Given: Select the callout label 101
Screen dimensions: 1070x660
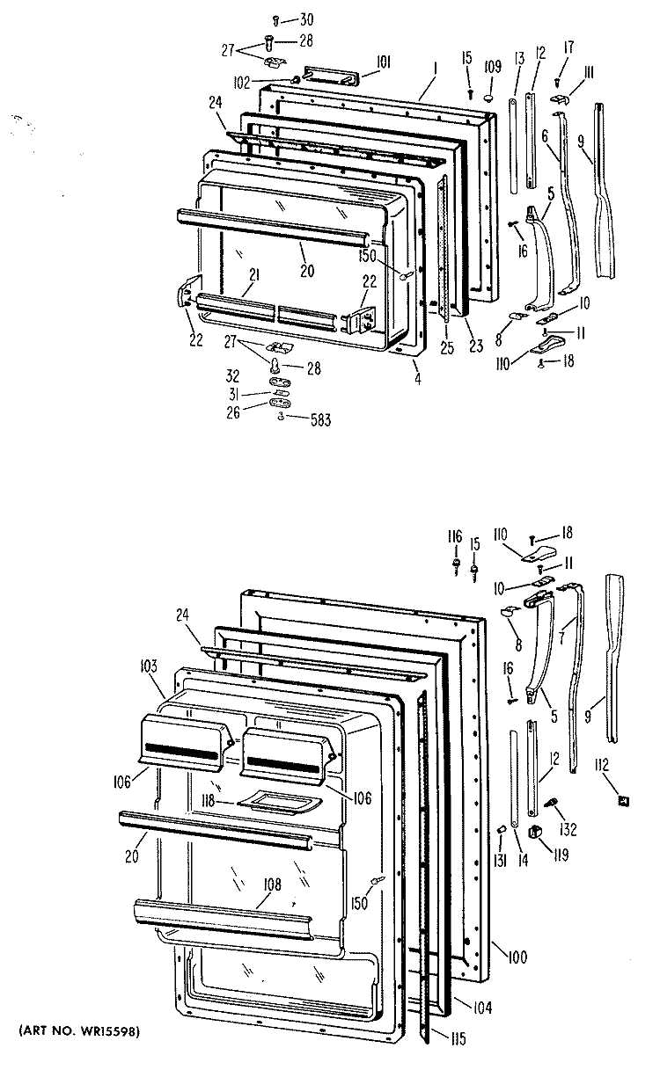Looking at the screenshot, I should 359,62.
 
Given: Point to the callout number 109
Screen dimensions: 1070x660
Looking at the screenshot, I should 492,66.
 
